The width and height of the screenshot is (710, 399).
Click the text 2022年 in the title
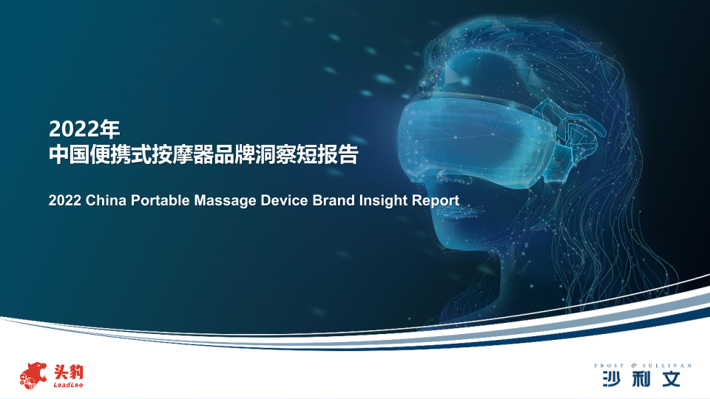[x=84, y=129]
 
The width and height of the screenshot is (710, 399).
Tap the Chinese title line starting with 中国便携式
[x=204, y=154]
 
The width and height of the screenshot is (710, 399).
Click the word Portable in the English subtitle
[x=160, y=200]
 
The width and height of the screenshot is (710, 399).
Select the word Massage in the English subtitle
[x=225, y=201]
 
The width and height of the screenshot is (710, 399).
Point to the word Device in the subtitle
[x=284, y=200]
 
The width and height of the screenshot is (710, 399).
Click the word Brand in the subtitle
[x=334, y=200]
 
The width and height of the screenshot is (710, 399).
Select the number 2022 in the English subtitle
[x=65, y=200]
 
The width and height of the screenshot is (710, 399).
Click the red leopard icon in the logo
[x=33, y=375]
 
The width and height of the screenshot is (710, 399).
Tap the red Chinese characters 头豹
[x=69, y=372]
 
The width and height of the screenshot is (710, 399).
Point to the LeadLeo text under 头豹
[x=68, y=385]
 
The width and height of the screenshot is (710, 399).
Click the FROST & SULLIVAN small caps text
[x=643, y=365]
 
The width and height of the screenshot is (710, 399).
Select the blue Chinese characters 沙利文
[x=641, y=378]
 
